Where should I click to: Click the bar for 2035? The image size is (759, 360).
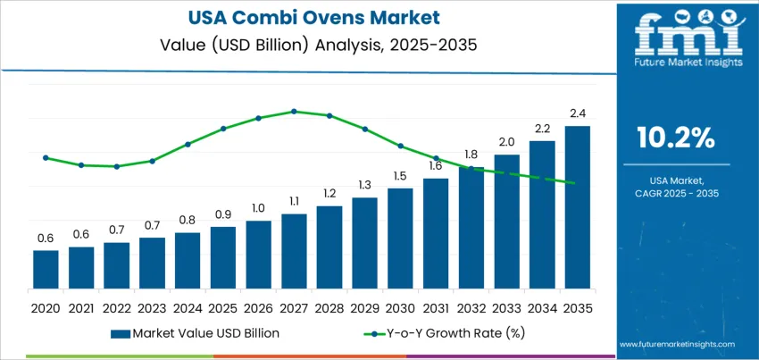pyautogui.click(x=577, y=207)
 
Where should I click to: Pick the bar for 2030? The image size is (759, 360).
pyautogui.click(x=400, y=239)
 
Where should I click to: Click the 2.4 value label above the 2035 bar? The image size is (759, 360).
pyautogui.click(x=577, y=113)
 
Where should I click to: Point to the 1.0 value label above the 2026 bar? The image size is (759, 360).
pyautogui.click(x=258, y=208)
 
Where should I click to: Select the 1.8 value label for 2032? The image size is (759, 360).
pyautogui.click(x=471, y=154)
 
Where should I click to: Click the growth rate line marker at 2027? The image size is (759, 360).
pyautogui.click(x=294, y=112)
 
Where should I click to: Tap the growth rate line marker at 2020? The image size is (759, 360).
pyautogui.click(x=46, y=158)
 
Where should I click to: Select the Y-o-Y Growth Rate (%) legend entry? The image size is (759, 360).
pyautogui.click(x=447, y=333)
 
